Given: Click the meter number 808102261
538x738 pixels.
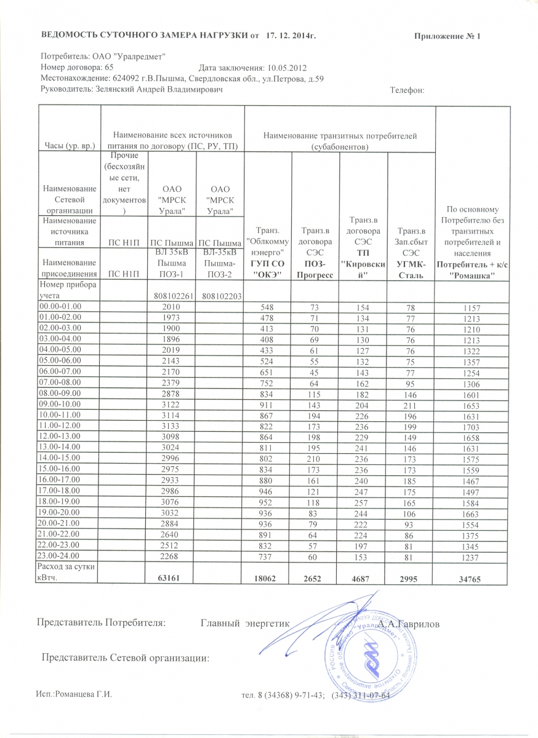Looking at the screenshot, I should (172, 296).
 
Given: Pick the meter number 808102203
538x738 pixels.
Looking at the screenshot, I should (220, 296).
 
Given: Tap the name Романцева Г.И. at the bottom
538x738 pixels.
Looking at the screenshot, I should (84, 695).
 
